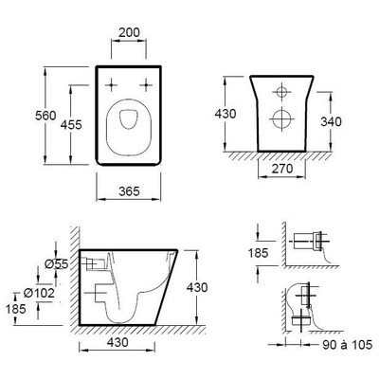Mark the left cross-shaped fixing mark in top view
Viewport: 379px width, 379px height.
click(113, 81)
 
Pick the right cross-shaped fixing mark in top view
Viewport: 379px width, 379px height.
click(144, 81)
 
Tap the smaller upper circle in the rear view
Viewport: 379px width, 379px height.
click(281, 93)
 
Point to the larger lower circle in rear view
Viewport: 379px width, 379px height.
click(281, 120)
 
